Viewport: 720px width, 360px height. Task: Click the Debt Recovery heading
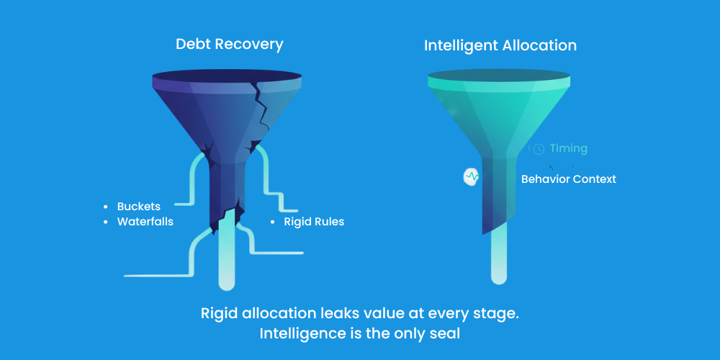pyautogui.click(x=229, y=44)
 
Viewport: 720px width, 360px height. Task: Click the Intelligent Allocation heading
pyautogui.click(x=500, y=45)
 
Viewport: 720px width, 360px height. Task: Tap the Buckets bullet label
pyautogui.click(x=139, y=207)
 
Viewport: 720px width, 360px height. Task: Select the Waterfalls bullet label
pyautogui.click(x=145, y=222)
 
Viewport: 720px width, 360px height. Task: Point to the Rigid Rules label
pyautogui.click(x=314, y=222)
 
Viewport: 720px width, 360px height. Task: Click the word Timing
pyautogui.click(x=569, y=148)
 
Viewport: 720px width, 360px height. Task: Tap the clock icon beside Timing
pyautogui.click(x=539, y=149)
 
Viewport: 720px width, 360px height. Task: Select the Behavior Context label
pyautogui.click(x=569, y=179)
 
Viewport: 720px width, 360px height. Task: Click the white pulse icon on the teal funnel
pyautogui.click(x=472, y=176)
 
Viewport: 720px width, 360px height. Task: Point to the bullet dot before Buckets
pyautogui.click(x=106, y=207)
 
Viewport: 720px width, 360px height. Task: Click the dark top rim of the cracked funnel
pyautogui.click(x=227, y=77)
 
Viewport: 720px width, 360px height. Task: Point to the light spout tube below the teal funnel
pyautogui.click(x=498, y=259)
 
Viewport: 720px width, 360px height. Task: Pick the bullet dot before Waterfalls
pyautogui.click(x=106, y=222)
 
